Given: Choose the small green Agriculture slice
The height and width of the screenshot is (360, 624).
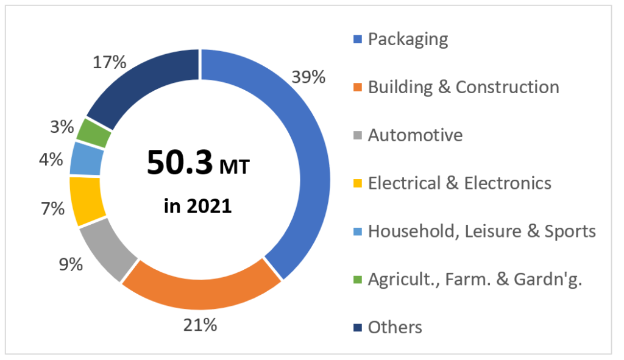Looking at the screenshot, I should (95, 132).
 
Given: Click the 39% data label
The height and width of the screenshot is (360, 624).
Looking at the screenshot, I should (308, 77).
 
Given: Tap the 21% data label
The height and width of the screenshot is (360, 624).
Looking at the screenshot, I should (200, 325).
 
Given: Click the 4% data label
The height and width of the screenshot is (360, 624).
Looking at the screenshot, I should (51, 160).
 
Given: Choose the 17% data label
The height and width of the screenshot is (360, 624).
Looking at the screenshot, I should (109, 62).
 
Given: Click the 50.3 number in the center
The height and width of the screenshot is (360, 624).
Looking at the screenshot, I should (180, 163).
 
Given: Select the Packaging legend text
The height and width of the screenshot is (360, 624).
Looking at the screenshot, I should (408, 40).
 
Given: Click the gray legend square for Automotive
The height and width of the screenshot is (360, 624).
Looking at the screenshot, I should (358, 136).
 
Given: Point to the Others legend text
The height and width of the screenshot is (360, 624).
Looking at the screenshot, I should (395, 327).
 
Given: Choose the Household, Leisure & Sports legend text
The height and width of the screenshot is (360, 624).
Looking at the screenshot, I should (481, 231).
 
